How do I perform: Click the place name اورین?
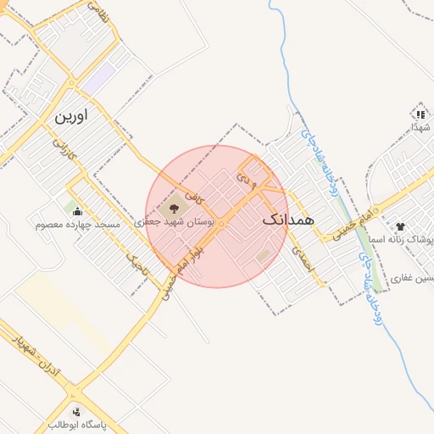click(71, 116)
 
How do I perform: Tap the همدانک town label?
click(288, 219)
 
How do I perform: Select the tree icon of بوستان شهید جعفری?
click(175, 206)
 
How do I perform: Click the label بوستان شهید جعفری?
click(178, 221)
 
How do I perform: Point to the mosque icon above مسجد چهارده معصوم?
click(77, 211)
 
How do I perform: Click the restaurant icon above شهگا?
click(420, 114)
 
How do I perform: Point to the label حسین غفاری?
click(415, 278)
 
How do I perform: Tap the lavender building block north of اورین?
click(99, 80)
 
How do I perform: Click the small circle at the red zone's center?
click(220, 224)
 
